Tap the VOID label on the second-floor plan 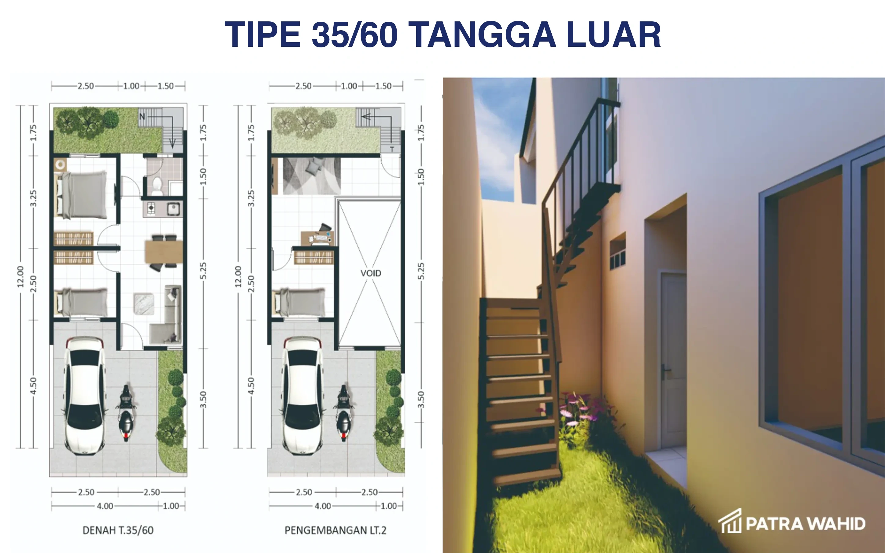[371, 273]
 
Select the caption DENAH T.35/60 [118, 530]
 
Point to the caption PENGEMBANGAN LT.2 [335, 530]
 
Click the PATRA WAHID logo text [805, 523]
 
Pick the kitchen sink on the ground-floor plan [173, 209]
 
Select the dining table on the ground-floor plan [164, 251]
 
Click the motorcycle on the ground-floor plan [125, 413]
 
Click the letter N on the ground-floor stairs [142, 116]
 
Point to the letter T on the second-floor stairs [392, 149]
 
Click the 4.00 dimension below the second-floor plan [323, 506]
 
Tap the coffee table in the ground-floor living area [144, 304]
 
